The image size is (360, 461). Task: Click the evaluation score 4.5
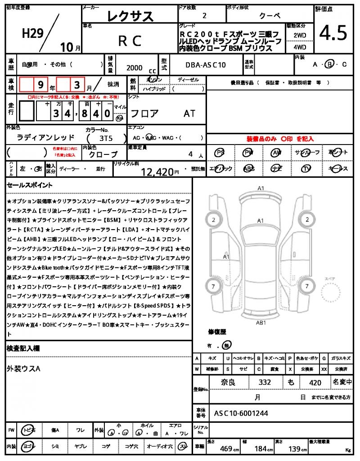pos(333,33)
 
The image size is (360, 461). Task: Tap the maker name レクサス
pos(130,17)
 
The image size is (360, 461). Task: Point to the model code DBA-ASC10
pos(206,65)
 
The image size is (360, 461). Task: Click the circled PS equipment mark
pos(220,153)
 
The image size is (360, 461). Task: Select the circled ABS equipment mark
pos(248,169)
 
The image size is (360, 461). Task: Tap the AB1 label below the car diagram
pos(261,322)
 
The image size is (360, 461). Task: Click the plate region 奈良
pos(226,383)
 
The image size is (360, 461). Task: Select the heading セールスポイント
pos(30,185)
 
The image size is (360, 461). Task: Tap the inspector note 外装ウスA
pos(23,369)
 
